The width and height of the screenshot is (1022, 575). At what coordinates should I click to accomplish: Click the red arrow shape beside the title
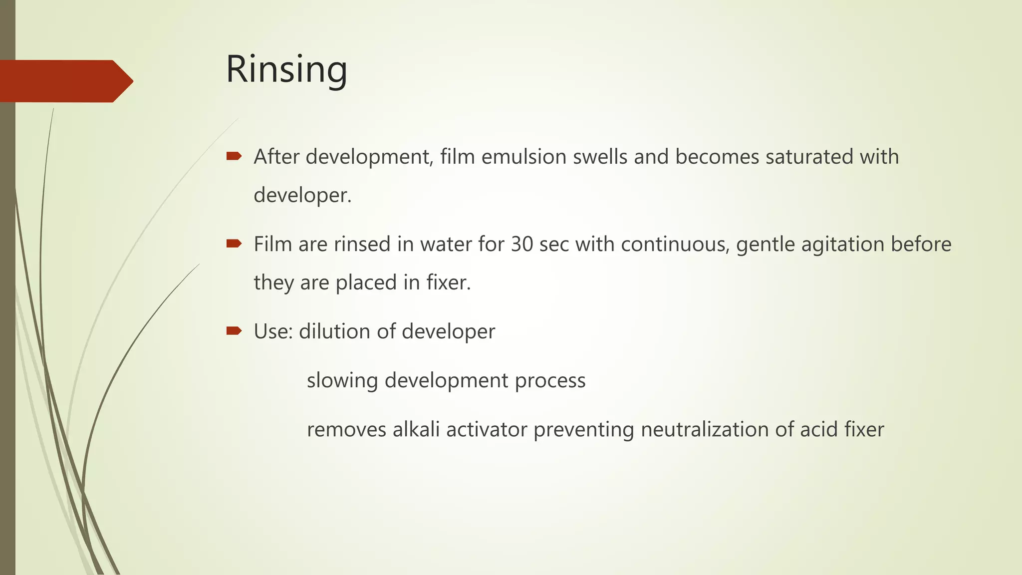65,81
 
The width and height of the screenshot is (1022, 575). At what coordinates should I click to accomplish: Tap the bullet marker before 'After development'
234,156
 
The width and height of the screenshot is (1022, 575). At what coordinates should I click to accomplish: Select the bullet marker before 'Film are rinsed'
234,244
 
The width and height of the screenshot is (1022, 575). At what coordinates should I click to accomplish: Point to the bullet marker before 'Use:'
234,331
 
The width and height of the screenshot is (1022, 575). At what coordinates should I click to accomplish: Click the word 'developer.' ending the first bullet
302,195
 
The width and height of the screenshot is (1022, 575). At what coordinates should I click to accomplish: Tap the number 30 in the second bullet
522,245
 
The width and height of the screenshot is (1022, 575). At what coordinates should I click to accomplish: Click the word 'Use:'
273,331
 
